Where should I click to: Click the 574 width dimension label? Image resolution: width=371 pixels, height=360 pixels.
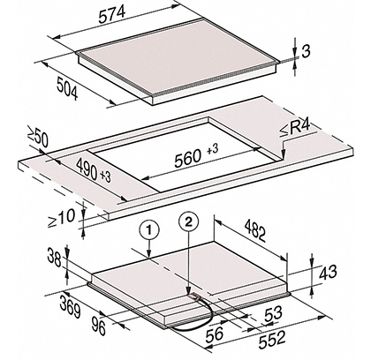(x=112, y=14)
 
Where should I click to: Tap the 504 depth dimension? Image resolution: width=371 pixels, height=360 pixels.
(x=67, y=88)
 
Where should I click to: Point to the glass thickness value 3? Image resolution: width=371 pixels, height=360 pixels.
(x=307, y=52)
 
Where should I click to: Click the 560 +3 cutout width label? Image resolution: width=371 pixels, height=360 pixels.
(x=196, y=156)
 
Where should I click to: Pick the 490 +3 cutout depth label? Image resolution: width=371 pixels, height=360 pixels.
(x=93, y=169)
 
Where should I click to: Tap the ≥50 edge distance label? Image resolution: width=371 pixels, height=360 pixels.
(x=38, y=137)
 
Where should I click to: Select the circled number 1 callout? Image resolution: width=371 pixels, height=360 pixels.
(x=149, y=230)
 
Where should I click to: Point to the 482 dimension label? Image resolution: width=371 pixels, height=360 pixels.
(x=255, y=230)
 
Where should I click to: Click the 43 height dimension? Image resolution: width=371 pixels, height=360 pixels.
(x=328, y=272)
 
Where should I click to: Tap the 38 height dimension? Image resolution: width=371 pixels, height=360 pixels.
(x=54, y=259)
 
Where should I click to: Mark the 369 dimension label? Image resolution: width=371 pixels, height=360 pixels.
(x=70, y=307)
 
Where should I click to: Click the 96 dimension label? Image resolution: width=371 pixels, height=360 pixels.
(x=98, y=326)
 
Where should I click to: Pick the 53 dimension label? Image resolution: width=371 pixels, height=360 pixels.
(x=273, y=314)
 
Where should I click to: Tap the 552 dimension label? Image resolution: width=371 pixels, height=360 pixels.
(x=272, y=340)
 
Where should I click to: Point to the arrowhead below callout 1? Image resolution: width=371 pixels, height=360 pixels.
(x=149, y=255)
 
